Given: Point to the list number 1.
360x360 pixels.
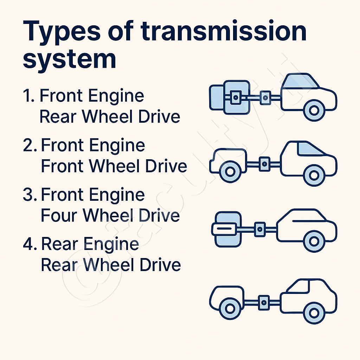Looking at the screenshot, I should coord(28,96).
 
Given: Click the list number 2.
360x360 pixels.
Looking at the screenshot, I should coord(30,145).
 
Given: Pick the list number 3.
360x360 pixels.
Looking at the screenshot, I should coord(30,195).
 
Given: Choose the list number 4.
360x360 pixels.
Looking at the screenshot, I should coord(30,244).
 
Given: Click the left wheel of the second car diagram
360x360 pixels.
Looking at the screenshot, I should coord(230,172).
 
